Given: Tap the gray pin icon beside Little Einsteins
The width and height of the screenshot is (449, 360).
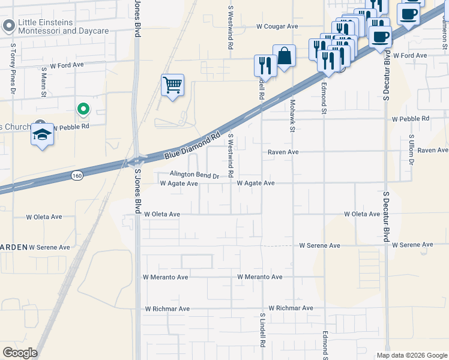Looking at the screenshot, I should [x=8, y=26].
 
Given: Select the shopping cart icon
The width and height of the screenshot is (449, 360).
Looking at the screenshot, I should [x=172, y=85].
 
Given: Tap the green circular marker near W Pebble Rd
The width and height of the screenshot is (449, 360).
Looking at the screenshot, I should [x=83, y=109].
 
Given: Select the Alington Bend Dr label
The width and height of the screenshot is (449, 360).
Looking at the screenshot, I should [x=194, y=175].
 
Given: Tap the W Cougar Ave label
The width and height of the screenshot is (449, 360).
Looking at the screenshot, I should [x=277, y=26].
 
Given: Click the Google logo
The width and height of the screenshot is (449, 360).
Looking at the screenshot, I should [x=20, y=352].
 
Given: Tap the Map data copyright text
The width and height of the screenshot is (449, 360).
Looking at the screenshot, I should [x=411, y=355].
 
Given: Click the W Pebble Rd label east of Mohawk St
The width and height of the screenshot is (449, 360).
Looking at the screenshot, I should [x=411, y=119].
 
